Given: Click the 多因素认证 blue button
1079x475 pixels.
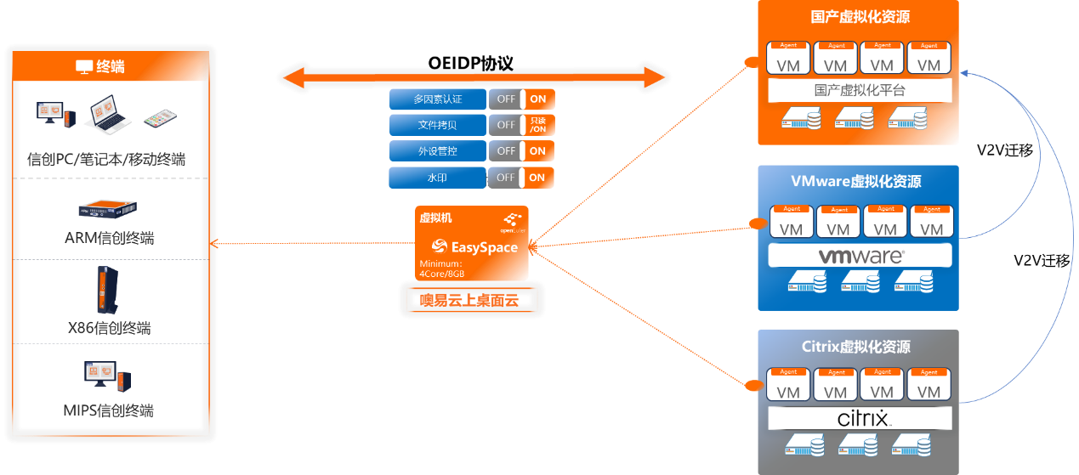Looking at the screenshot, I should point(438,99).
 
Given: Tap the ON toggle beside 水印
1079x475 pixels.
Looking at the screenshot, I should point(537,178).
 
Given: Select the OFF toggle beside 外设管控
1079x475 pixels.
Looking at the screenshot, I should point(506,151).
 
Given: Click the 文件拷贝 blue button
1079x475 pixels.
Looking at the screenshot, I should point(438,125).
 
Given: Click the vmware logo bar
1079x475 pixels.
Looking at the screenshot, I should point(860,255).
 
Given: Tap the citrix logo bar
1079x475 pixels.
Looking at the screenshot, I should point(860,418).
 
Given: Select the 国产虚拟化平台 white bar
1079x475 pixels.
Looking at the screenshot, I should point(860,90).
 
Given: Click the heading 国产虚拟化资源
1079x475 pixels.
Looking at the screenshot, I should point(860,18).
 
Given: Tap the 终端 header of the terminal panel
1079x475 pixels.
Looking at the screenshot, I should point(111,66).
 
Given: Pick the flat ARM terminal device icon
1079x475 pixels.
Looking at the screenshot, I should point(108,209).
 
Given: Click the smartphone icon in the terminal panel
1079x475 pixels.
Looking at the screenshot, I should point(158,118).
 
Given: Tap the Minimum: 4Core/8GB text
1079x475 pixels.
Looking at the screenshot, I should point(442,269).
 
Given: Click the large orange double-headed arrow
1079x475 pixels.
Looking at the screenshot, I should point(474,78).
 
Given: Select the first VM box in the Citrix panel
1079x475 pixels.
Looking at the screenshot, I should point(788,384).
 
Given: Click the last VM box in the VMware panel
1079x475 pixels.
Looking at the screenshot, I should point(931,221).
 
